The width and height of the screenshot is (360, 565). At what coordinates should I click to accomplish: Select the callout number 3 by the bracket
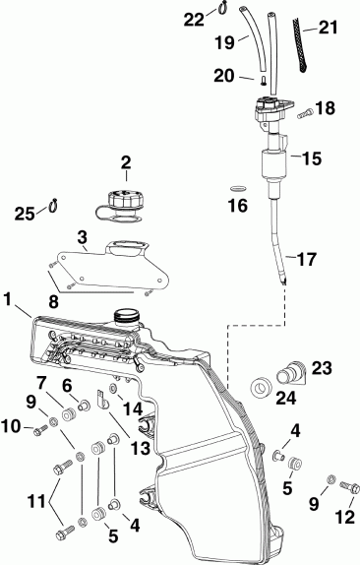tap(83, 236)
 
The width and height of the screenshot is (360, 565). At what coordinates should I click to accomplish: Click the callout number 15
tap(311, 157)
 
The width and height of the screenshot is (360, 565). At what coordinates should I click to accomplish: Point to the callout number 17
tap(308, 261)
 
